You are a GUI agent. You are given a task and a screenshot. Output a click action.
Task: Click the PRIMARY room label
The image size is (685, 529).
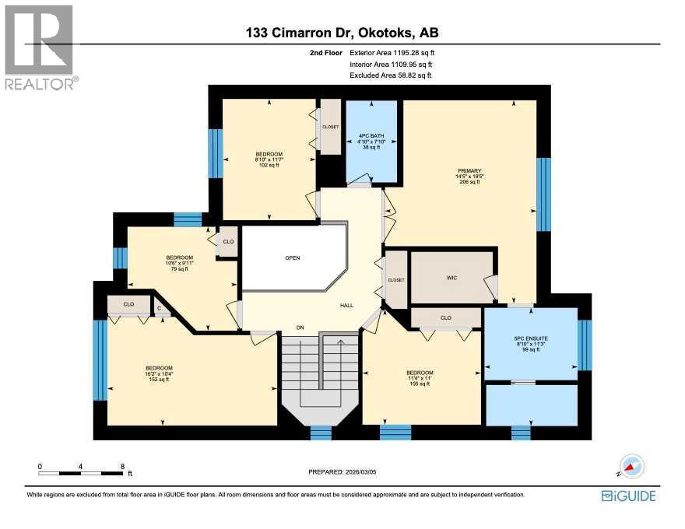tap(469, 170)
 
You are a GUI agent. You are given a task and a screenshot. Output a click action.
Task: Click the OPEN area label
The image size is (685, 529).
tap(292, 258)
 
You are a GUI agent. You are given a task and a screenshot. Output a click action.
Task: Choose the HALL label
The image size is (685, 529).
tap(346, 306)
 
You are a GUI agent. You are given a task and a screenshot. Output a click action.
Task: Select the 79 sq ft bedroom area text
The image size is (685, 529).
tap(179, 270)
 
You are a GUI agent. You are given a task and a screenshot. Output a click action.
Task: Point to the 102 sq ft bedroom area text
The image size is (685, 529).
tap(269, 165)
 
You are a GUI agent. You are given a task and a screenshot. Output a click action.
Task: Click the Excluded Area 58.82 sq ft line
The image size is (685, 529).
tap(390, 75)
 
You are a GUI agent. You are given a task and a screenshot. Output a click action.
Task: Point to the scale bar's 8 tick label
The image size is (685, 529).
tap(122, 467)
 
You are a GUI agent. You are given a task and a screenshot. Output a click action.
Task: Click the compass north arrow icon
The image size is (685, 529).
tap(632, 466)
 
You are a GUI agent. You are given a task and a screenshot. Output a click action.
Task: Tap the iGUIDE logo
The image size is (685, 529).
tap(628, 495)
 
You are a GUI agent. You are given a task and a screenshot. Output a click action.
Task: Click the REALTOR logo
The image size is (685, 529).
tap(39, 47)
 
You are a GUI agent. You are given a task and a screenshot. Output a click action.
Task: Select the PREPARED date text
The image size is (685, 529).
tap(347, 471)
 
